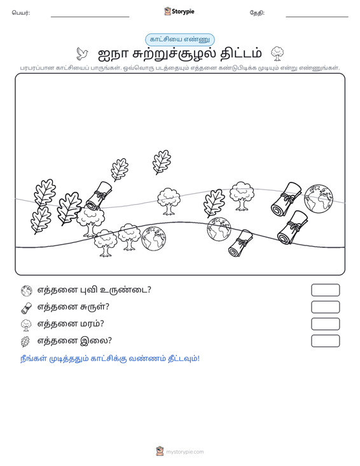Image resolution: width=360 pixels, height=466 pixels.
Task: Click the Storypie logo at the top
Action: pos(179,11)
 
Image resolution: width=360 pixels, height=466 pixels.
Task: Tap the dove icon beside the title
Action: pos(82,54)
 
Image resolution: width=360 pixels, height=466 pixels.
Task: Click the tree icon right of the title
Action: pos(277,54)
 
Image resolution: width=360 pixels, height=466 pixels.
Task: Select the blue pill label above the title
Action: pos(179,39)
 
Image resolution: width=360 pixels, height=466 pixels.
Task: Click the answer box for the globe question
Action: pos(325,290)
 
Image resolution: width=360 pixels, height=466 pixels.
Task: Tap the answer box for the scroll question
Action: pos(325,307)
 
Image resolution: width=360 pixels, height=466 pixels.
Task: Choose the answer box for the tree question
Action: pos(325,324)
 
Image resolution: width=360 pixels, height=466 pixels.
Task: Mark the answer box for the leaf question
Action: pos(325,341)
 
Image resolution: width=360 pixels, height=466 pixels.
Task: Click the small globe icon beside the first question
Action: pos(27,291)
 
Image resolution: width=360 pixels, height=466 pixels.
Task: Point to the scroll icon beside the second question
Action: pos(27,308)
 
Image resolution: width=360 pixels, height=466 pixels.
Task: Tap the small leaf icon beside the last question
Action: pos(25,342)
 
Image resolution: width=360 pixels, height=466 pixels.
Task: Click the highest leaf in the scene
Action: pos(162,162)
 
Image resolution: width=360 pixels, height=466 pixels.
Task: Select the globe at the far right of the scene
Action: pos(319,199)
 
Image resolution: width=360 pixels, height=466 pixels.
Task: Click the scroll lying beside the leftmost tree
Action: pos(99,195)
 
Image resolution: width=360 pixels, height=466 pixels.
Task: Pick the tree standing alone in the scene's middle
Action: pos(169,201)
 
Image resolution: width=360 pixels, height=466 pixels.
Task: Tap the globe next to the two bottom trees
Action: pos(153,238)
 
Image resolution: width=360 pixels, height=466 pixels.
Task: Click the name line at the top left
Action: pos(90,17)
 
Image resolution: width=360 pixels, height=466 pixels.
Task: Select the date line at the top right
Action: pos(317,17)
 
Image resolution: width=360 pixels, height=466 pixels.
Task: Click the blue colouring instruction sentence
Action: pos(110,359)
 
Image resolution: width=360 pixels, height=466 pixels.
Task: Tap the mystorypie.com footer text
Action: pos(185,452)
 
